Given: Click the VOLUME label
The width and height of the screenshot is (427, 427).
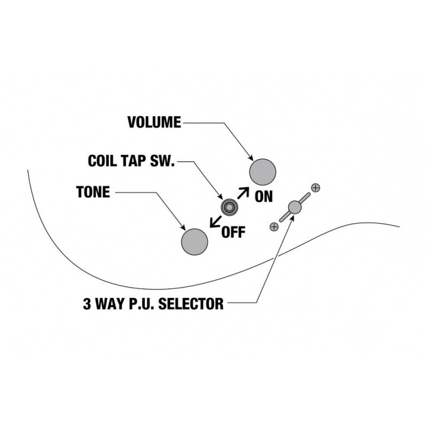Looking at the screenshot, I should coord(154,122).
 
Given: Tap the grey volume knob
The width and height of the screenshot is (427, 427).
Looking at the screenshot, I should coord(263,172).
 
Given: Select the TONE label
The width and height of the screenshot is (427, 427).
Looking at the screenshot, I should coord(93,192).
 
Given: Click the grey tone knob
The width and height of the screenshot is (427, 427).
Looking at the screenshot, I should coord(194,242).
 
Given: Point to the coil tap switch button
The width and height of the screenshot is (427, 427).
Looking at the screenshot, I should coord(230,207).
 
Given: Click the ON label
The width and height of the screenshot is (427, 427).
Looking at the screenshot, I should coord(263,196).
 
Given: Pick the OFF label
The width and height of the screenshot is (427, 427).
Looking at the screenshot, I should coord(233,233).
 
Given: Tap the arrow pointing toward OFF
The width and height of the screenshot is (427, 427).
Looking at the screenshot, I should coord(216,221).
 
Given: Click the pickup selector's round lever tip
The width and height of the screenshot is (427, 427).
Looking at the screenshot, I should coord(294,207).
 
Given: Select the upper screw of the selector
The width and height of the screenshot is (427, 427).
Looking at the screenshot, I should coord(315,187).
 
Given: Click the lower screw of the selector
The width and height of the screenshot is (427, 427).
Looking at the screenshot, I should coord(274,227).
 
